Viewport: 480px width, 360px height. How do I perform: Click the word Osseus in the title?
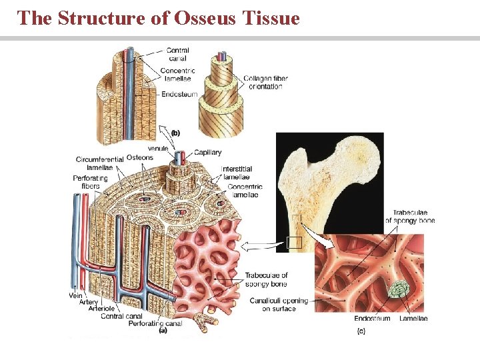point(204,18)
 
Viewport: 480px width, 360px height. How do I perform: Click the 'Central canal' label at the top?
point(178,54)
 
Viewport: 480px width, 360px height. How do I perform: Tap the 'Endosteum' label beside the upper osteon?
point(180,95)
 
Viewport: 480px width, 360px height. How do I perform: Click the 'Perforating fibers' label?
point(87,182)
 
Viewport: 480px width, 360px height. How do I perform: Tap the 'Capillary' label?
point(208,153)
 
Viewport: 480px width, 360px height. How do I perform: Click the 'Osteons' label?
point(139,157)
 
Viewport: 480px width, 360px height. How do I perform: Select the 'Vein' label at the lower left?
point(75,295)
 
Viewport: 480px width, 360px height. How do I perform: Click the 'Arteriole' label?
point(101,309)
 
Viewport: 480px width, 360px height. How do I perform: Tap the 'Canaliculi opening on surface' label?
point(279,305)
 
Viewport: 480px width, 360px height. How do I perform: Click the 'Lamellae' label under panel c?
point(413,319)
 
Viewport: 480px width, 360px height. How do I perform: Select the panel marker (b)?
point(175,133)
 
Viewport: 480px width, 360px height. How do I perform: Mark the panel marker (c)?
point(361,331)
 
